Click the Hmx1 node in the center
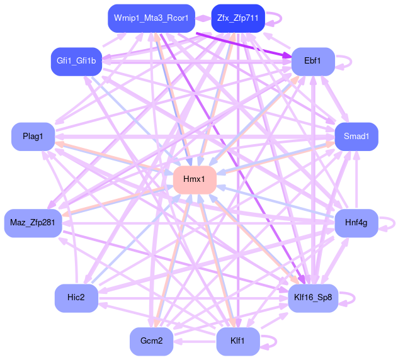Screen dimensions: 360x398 tap(195, 179)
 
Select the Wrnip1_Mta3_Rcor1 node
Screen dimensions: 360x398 tap(151, 18)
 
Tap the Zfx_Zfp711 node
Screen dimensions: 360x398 tap(237, 18)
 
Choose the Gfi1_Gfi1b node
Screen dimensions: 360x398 tap(76, 61)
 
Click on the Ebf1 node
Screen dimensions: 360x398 tap(312, 61)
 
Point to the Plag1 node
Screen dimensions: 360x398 tap(33, 137)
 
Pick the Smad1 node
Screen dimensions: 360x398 tap(356, 136)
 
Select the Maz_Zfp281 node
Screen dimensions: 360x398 tap(33, 223)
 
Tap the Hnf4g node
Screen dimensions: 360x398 tap(356, 223)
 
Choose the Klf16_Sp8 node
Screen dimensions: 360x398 tap(312, 298)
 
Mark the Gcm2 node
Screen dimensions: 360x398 tap(151, 341)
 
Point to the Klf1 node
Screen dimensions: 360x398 tap(237, 341)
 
